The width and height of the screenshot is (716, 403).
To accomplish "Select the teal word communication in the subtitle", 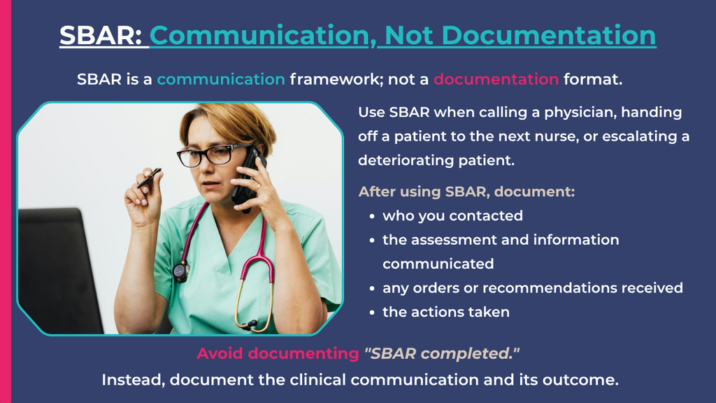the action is pyautogui.click(x=221, y=79).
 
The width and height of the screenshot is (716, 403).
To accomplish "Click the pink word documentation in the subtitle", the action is pyautogui.click(x=496, y=79).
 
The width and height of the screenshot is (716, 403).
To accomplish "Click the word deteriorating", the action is pyautogui.click(x=406, y=160).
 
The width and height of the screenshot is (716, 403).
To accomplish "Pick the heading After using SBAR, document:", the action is pyautogui.click(x=466, y=192).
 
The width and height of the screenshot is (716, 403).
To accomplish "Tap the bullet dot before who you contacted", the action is pyautogui.click(x=372, y=217).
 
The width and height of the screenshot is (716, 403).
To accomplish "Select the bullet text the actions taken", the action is pyautogui.click(x=446, y=312).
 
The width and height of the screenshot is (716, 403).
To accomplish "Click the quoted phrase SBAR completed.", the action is pyautogui.click(x=442, y=353).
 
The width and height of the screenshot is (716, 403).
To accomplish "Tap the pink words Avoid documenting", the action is pyautogui.click(x=278, y=353).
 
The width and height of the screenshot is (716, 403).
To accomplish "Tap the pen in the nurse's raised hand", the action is pyautogui.click(x=150, y=178).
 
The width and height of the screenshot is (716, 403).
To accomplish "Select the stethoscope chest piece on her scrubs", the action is pyautogui.click(x=181, y=271).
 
